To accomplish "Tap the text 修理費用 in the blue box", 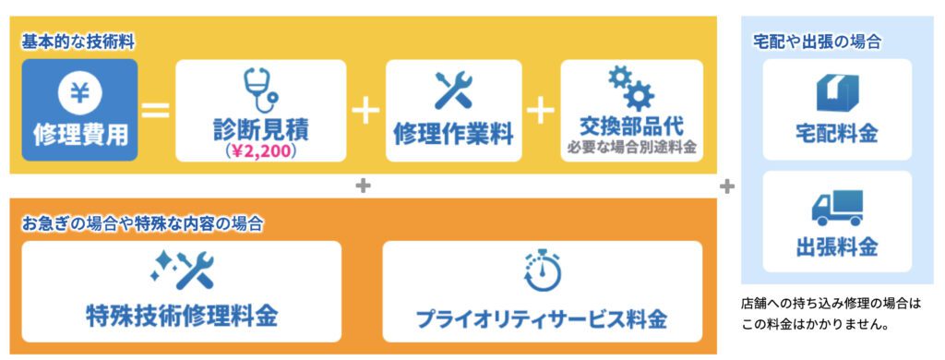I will click(80, 135).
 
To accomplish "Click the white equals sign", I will click(155, 112).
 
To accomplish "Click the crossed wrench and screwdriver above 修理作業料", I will click(453, 91).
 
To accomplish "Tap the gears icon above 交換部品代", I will click(631, 90).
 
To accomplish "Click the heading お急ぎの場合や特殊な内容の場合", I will click(142, 222).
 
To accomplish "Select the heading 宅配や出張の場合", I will click(817, 42).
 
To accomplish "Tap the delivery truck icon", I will click(837, 208).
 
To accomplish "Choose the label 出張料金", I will click(837, 248).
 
